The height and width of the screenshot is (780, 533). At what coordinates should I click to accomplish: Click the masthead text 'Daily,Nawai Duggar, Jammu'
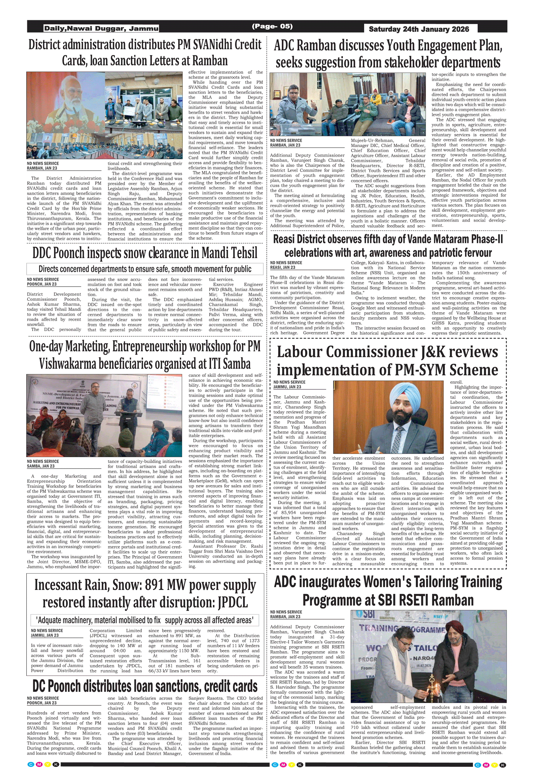pos(101,28)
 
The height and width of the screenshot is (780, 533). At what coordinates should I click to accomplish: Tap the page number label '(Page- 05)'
pos(272,26)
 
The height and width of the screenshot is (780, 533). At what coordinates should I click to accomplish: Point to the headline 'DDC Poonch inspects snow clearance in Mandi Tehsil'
pos(145,253)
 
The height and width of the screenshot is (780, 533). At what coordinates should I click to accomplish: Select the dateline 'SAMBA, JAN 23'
pos(41,466)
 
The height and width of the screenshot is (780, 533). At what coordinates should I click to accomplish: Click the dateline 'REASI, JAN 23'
pos(282,267)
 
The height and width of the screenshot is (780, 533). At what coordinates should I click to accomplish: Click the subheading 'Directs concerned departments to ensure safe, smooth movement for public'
pos(145,269)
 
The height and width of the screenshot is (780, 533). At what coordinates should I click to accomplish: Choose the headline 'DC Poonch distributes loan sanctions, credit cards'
pos(145,686)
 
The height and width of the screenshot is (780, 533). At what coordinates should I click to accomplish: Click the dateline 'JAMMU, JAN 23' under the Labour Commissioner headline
pos(287,387)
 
